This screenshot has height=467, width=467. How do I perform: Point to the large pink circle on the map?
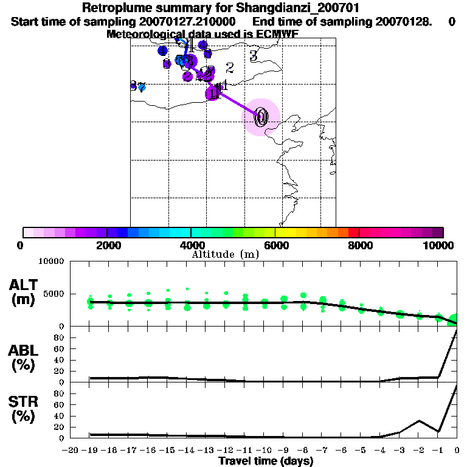tap(261, 117)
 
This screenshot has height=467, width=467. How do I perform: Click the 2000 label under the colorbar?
tap(107, 245)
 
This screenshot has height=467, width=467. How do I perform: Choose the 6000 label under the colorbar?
tap(275, 245)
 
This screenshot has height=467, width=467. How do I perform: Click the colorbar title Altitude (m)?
tap(225, 254)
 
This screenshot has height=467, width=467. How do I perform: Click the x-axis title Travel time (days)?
tap(266, 462)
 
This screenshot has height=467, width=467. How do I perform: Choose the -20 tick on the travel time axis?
tap(71, 450)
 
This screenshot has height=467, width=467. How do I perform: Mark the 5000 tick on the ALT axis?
tap(55, 294)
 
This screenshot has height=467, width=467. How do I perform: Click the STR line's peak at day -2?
tap(419, 421)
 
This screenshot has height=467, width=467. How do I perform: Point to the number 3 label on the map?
tap(254, 55)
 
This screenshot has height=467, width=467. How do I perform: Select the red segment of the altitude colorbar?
tap(353, 232)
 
